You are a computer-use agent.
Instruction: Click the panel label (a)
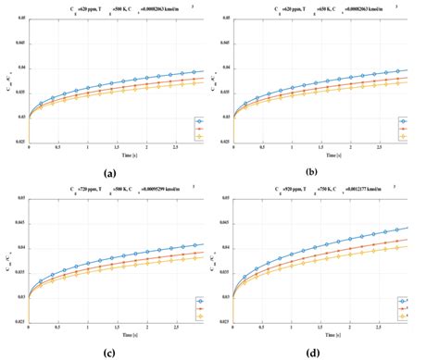(x=110, y=173)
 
